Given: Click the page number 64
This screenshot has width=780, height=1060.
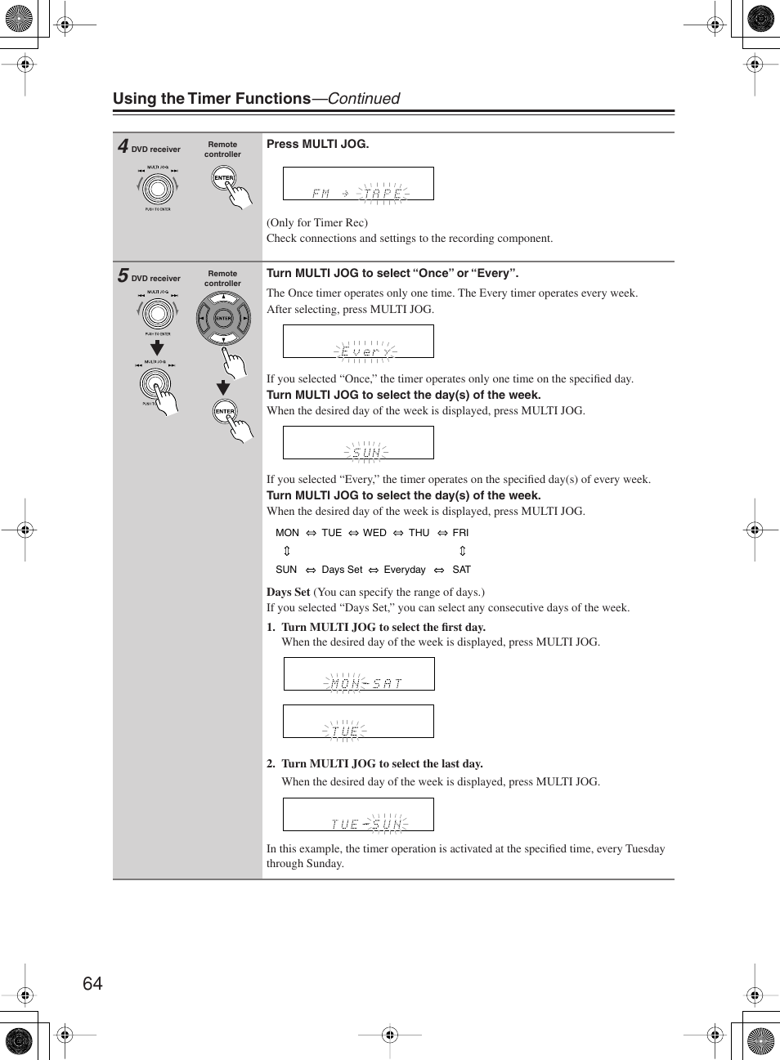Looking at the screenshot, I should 92,983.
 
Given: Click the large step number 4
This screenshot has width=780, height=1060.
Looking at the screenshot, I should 123,146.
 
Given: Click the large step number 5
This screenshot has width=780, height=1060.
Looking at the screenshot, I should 123,275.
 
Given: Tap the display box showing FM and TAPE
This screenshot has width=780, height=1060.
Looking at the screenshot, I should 358,184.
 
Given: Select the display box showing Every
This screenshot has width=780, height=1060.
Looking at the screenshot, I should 358,342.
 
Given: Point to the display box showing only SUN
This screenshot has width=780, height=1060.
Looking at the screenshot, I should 358,443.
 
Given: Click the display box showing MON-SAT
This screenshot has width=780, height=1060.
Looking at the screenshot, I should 359,674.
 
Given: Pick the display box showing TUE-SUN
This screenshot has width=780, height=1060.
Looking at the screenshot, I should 358,815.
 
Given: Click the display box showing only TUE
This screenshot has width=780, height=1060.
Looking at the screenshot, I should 359,722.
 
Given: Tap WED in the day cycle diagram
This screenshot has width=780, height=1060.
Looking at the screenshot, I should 374,533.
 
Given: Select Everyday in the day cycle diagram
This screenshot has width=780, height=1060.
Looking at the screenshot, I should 405,570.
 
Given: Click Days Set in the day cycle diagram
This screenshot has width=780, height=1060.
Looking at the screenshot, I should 342,570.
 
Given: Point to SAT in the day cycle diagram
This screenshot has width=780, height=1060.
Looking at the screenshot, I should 462,570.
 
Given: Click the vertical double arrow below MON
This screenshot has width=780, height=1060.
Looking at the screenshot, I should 287,551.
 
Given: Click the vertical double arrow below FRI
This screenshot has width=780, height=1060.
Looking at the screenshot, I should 462,551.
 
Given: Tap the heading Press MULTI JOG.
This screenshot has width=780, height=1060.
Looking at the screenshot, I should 317,144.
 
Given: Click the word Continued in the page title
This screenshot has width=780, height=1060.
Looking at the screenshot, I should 364,99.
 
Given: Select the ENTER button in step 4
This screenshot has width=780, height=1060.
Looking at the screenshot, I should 223,178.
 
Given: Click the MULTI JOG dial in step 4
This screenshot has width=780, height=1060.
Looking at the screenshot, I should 158,189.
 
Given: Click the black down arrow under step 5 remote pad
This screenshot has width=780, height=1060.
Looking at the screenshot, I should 222,388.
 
